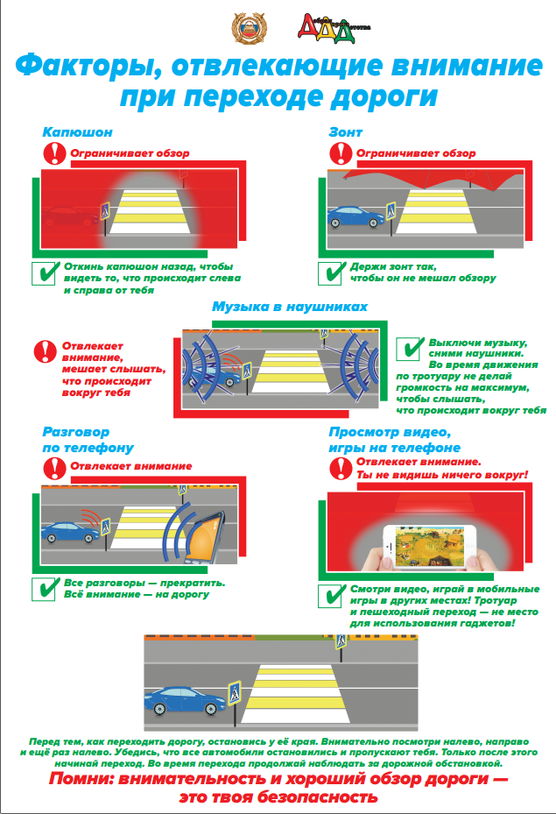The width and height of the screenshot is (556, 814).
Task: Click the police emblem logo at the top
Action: (x=249, y=29)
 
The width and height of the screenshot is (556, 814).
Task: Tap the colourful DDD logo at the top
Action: (x=334, y=29)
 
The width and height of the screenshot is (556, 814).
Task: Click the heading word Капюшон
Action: (x=77, y=131)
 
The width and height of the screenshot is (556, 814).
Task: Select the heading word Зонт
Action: (x=346, y=131)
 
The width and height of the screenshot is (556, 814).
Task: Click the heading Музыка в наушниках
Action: (x=290, y=307)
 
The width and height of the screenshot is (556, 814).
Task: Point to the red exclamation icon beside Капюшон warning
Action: (x=54, y=153)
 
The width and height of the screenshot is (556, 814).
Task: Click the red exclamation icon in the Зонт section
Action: (x=341, y=153)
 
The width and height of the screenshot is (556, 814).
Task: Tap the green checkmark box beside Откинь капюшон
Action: (x=44, y=273)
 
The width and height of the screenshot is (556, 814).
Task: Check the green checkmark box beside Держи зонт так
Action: (x=332, y=273)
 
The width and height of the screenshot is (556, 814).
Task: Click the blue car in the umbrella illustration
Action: (x=355, y=217)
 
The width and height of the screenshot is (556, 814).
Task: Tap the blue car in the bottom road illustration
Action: (x=185, y=701)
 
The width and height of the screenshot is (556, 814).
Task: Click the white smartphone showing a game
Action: (x=429, y=547)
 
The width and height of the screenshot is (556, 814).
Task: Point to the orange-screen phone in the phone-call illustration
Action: (x=206, y=538)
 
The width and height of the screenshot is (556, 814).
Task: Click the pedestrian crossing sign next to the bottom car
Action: (x=235, y=693)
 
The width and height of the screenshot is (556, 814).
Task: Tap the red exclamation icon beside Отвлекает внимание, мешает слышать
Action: (x=46, y=351)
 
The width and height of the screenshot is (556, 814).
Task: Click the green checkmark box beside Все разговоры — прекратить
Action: (x=44, y=589)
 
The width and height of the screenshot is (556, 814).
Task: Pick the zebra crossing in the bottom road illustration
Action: (x=294, y=693)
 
